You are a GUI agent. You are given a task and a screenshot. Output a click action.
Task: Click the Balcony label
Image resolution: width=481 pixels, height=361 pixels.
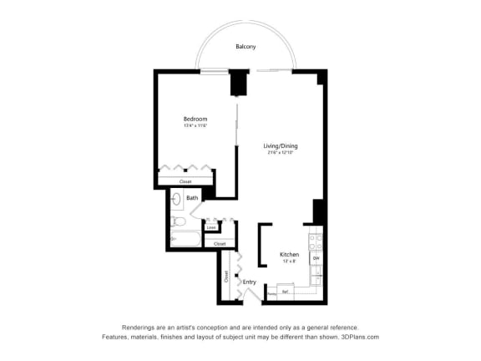point(245,47)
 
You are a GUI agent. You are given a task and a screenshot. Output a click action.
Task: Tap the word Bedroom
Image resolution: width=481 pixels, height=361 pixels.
point(195,119)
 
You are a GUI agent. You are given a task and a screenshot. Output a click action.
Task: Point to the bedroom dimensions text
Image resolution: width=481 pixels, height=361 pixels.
point(195,126)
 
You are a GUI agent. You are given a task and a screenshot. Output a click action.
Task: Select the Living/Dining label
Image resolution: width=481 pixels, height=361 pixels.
point(281,145)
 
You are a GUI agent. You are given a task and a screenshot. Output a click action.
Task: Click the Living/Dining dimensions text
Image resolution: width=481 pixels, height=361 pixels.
point(281,152)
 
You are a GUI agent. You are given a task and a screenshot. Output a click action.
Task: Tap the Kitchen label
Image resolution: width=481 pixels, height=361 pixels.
point(289,254)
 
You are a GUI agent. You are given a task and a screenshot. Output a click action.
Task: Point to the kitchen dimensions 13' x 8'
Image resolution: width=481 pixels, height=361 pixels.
point(289,261)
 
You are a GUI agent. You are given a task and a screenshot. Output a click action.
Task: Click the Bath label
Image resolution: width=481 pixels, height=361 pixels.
point(192,198)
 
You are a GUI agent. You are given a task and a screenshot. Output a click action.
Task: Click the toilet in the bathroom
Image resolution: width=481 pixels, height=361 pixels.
point(178,221)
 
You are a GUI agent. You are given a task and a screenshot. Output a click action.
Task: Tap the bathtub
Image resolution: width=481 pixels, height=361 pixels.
point(185,239)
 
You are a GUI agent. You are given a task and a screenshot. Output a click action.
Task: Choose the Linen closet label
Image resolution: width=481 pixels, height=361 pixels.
point(211,226)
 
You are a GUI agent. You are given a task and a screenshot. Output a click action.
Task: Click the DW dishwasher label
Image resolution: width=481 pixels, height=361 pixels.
point(316,259)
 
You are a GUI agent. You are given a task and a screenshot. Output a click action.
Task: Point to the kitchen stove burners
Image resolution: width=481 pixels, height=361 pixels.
point(316,242)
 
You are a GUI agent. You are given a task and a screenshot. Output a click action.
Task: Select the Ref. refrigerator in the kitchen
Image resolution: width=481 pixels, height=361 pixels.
point(286,292)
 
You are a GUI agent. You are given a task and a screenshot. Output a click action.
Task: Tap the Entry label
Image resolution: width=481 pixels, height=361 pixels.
point(249,282)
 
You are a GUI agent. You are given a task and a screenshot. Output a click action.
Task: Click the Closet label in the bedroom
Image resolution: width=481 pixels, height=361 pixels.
point(185,181)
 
